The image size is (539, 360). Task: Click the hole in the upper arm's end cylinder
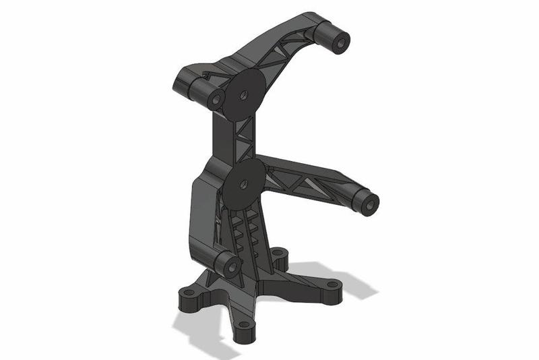coord(340,43)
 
